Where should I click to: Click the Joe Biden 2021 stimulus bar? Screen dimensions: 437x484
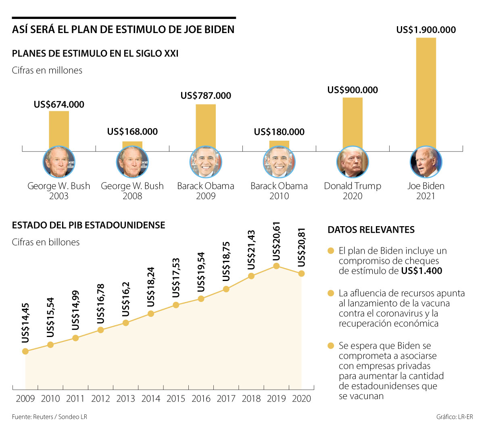[426, 93]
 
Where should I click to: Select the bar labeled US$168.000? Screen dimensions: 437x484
[132, 144]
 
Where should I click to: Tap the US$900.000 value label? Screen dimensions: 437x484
[353, 90]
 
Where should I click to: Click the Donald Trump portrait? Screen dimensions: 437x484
[353, 162]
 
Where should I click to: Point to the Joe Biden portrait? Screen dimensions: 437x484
[426, 162]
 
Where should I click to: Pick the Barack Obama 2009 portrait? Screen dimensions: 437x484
[206, 162]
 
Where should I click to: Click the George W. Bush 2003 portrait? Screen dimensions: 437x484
[59, 162]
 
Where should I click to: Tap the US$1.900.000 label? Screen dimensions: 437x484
[426, 30]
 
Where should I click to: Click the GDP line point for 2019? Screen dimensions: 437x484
[276, 266]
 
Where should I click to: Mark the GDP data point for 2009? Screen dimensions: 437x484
[25, 352]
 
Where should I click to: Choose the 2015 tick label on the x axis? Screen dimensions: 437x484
[176, 399]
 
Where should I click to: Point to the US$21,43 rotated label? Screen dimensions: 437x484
[251, 250]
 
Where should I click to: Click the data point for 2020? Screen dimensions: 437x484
[301, 274]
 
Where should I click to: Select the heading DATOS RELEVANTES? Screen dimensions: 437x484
[371, 230]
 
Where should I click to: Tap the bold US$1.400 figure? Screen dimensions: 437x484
[421, 271]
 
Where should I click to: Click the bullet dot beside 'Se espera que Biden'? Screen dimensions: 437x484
[331, 346]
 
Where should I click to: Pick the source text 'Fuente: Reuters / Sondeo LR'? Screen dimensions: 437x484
[50, 417]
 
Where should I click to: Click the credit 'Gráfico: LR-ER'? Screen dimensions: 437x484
[455, 417]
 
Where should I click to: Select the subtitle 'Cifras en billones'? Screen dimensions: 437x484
[46, 242]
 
